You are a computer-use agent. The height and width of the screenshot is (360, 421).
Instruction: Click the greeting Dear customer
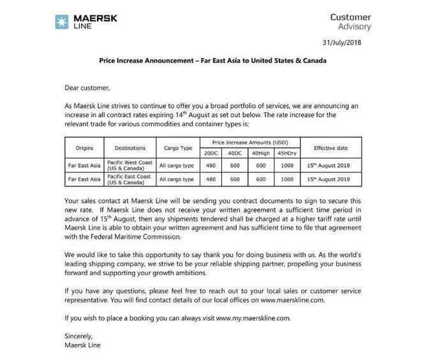(87, 87)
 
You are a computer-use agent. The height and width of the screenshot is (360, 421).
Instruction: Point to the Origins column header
(84, 148)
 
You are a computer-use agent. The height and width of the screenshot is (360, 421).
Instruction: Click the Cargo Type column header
(177, 148)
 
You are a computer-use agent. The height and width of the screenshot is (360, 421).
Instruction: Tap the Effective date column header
(330, 148)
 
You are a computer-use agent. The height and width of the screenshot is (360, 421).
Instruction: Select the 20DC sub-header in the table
(210, 154)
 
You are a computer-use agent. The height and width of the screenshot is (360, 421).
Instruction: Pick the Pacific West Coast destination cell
(129, 165)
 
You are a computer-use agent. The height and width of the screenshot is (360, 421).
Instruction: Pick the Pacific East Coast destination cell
(129, 179)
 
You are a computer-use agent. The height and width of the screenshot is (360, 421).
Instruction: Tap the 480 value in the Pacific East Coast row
(210, 180)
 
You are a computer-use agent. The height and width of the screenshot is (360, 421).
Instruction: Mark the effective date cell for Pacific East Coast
(330, 180)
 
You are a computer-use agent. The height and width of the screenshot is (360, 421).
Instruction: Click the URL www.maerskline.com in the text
(297, 299)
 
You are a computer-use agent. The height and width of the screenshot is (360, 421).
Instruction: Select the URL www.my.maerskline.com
(254, 317)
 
